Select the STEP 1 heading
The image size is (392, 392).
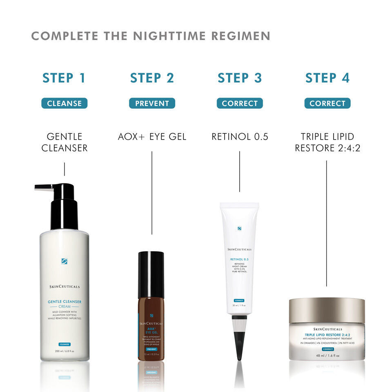point(64,78)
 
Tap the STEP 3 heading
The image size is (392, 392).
point(240,78)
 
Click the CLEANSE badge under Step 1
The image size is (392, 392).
point(64,103)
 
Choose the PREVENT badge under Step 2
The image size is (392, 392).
point(152,103)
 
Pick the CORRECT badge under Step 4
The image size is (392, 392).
point(327,103)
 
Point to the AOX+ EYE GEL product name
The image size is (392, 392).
point(152,137)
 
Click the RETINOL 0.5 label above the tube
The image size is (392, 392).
point(240,137)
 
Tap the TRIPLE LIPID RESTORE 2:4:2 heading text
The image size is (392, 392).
point(327,142)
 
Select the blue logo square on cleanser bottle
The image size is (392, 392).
point(64,261)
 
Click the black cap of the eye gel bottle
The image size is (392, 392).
point(151,274)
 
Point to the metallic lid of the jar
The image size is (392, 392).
point(327,310)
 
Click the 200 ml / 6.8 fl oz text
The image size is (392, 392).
point(65,351)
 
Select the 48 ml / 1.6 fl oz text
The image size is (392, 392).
point(327,355)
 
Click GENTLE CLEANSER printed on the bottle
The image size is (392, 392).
point(65,302)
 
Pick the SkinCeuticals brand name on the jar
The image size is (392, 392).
point(327,329)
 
